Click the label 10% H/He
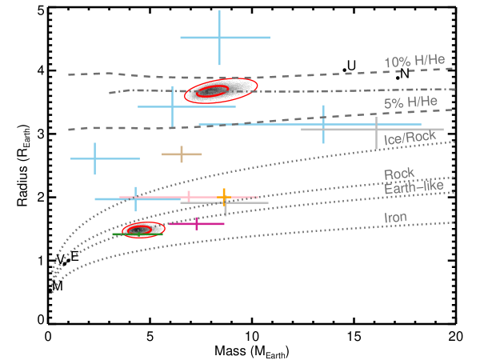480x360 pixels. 414,62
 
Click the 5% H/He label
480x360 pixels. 410,102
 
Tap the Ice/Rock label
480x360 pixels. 410,138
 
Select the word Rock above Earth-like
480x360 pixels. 398,174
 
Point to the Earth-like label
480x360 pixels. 414,187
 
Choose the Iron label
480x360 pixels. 395,217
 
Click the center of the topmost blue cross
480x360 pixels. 219,37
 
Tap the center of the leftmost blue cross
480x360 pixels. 94,158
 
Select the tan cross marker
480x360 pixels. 182,154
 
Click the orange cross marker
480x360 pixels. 224,195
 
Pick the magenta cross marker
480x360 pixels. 197,223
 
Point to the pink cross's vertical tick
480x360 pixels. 189,197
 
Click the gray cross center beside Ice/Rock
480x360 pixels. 376,129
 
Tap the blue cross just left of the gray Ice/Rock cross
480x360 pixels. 323,124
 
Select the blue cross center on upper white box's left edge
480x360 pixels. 172,106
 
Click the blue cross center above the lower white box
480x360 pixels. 135,198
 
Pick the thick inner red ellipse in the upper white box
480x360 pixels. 213,90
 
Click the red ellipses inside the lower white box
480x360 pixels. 143,230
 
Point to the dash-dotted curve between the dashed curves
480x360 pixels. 320,90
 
